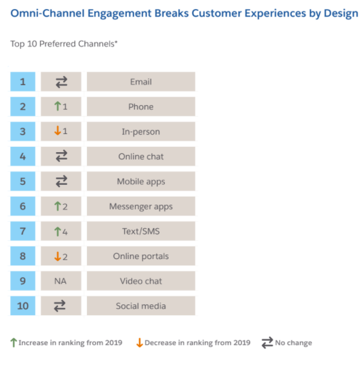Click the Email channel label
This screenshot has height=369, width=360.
[141, 82]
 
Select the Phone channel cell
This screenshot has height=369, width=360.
[141, 107]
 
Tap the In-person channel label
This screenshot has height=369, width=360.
[141, 132]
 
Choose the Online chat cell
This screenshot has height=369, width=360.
[141, 156]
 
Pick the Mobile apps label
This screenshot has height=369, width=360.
[141, 181]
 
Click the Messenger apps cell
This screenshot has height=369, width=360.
[141, 207]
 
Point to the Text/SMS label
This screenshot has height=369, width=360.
[141, 231]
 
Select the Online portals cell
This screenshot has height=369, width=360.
[141, 256]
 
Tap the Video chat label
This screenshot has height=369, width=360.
[141, 281]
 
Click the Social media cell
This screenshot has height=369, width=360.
[141, 306]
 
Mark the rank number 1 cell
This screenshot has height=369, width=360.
[23, 82]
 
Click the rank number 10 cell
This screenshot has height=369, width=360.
[23, 306]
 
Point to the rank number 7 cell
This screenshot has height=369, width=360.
[23, 231]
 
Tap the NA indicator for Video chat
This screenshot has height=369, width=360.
[60, 281]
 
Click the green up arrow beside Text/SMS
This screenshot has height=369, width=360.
[57, 231]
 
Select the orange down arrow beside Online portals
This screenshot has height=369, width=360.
[57, 256]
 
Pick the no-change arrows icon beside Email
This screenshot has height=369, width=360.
[60, 82]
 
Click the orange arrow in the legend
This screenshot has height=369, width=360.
[139, 343]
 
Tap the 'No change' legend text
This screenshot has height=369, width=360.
[294, 343]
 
